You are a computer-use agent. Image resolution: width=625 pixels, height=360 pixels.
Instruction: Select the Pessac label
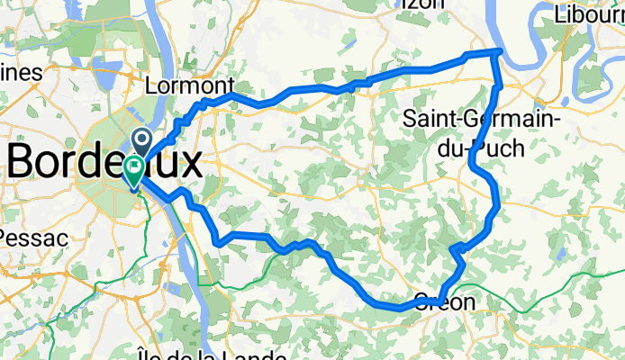pyautogui.click(x=32, y=239)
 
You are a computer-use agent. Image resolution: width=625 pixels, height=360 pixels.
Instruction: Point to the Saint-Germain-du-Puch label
pyautogui.click(x=483, y=132)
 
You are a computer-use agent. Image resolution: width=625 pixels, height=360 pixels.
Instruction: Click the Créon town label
pyautogui.click(x=444, y=301)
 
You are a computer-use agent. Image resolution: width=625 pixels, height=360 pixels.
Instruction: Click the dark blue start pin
pyautogui.click(x=142, y=139)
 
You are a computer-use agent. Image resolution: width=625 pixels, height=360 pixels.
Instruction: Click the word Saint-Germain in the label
pyautogui.click(x=483, y=119)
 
